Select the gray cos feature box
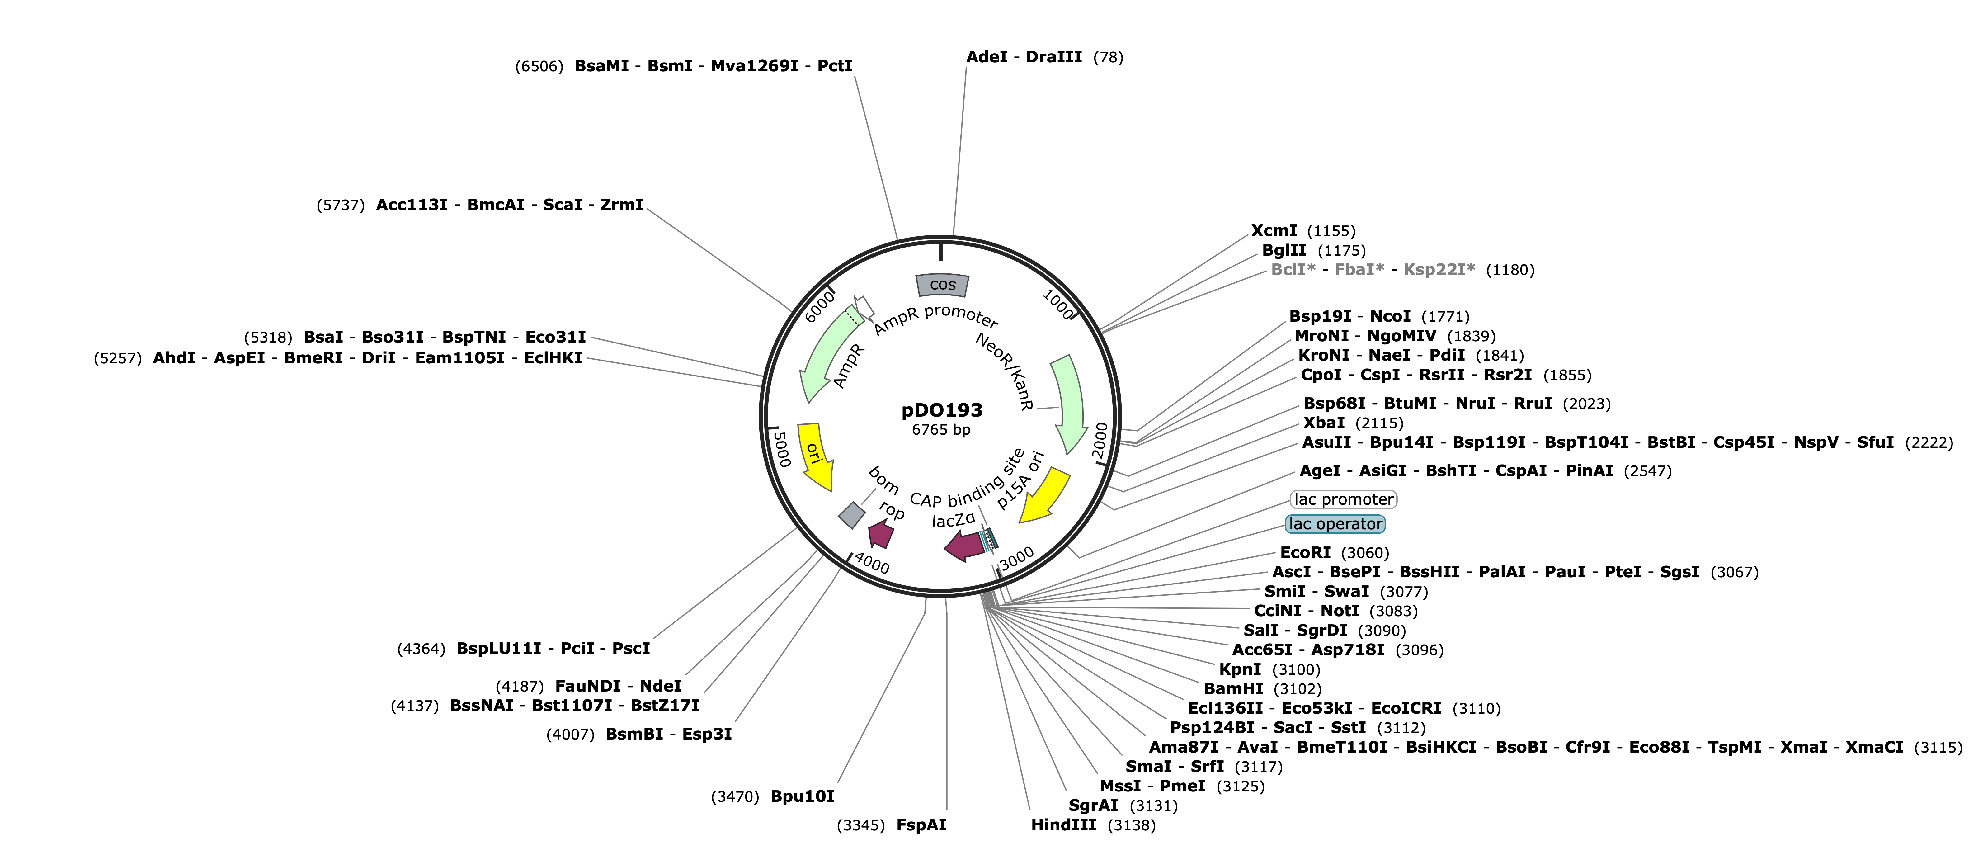pos(942,285)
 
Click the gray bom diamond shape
pos(851,515)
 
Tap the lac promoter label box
pos(1343,500)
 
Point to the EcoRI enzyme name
pos(1305,553)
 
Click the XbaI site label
pos(1324,423)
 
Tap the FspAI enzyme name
pos(921,825)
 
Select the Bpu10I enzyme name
pos(802,796)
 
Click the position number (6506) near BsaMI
pos(539,66)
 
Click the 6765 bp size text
pos(941,430)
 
